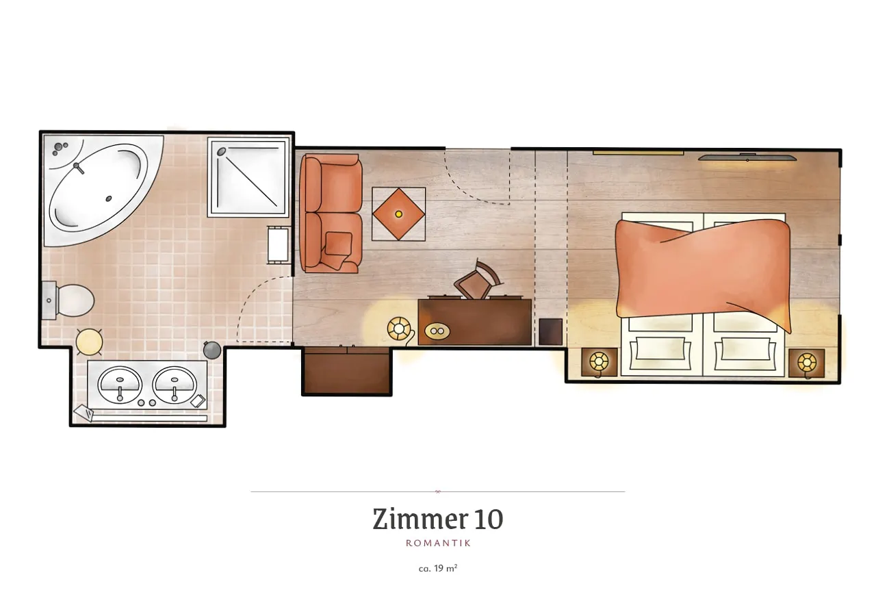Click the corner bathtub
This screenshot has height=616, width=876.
(x=98, y=188)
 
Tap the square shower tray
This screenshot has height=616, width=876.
(x=248, y=177)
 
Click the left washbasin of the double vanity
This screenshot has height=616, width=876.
(x=120, y=384)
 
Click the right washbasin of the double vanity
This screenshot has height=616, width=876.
(x=175, y=384)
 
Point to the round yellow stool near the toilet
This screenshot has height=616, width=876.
(x=89, y=342)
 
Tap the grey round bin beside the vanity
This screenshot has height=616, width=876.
(x=212, y=349)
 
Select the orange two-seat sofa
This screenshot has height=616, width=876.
(x=331, y=213)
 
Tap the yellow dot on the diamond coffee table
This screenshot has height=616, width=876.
(x=398, y=214)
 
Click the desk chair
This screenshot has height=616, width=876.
(x=478, y=281)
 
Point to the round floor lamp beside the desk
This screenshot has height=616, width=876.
(x=399, y=329)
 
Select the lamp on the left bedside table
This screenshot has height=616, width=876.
(x=599, y=362)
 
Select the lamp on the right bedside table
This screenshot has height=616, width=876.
(x=807, y=363)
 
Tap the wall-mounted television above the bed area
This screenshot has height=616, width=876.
(x=747, y=157)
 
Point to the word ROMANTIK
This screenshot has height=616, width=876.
(x=438, y=543)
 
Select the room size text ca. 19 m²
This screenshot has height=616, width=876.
(x=438, y=568)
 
